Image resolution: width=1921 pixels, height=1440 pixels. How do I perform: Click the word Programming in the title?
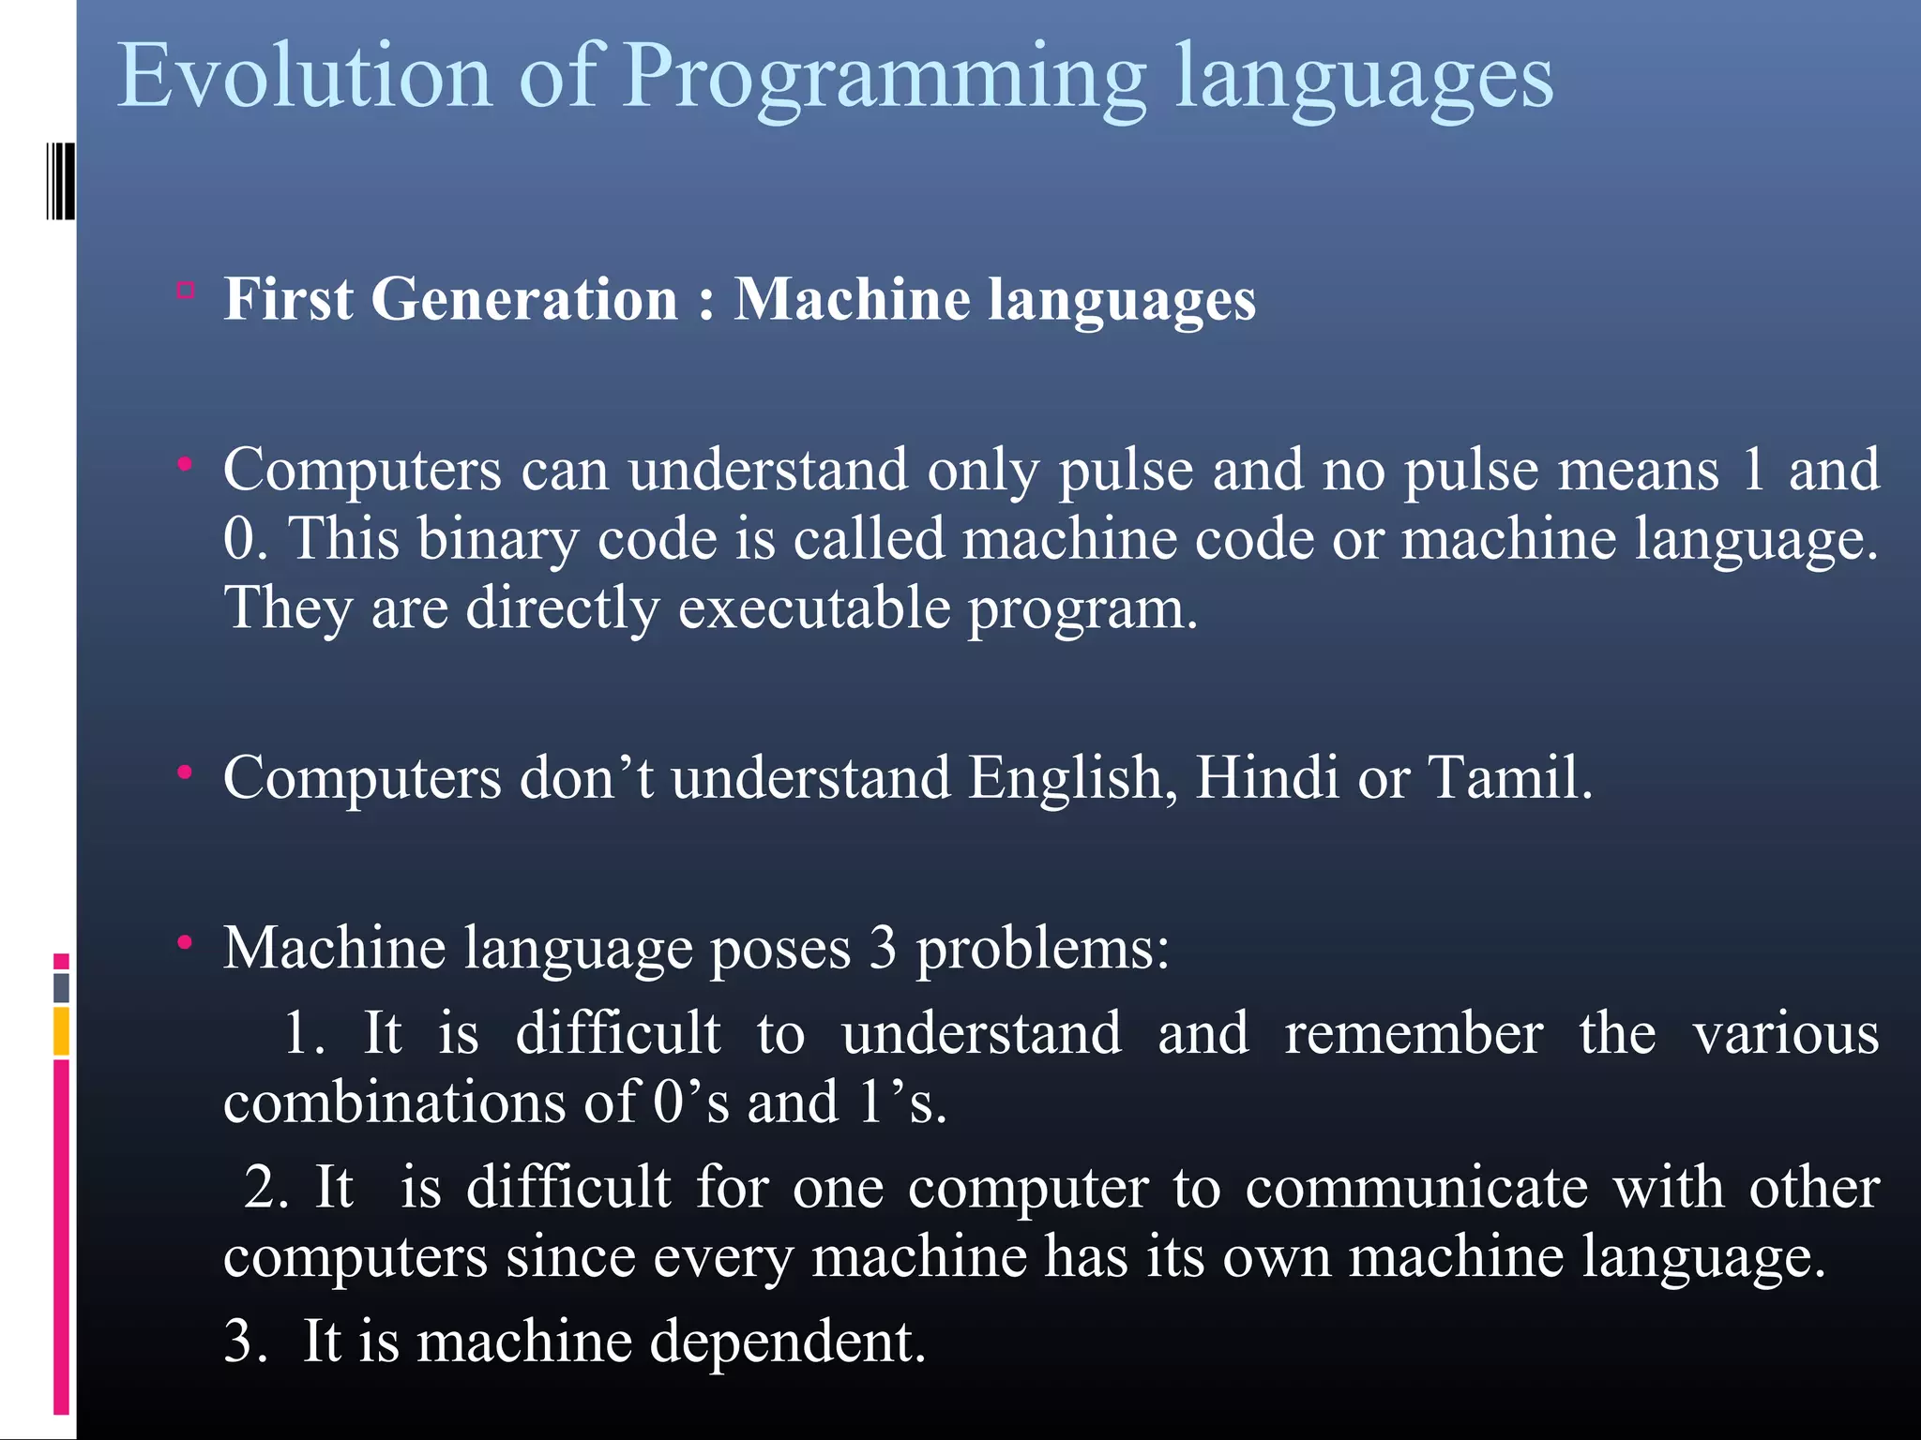click(x=884, y=80)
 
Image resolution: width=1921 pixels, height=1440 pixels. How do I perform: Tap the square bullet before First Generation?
click(x=186, y=291)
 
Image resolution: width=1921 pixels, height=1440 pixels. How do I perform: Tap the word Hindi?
click(x=1267, y=778)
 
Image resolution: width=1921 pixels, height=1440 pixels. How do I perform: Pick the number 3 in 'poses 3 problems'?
click(x=883, y=949)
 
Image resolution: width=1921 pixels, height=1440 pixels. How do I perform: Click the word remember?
click(x=1414, y=1034)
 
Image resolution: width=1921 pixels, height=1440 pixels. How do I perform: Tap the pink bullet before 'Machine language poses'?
click(x=186, y=942)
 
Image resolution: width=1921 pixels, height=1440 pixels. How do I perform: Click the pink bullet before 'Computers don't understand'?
click(x=186, y=772)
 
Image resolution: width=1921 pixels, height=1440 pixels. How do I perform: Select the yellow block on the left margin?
click(x=61, y=1030)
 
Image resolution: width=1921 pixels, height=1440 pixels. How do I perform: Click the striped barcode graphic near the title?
click(x=60, y=181)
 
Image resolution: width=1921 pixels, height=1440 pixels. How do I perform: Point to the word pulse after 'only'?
click(x=1126, y=471)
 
